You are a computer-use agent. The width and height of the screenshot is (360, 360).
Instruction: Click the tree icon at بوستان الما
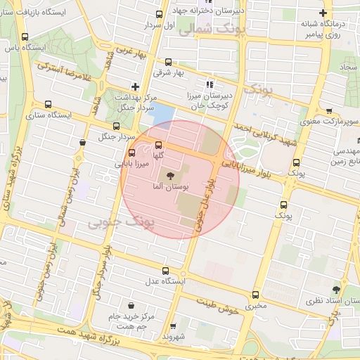(168, 175)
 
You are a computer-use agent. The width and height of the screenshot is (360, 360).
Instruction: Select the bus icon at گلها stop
(157, 144)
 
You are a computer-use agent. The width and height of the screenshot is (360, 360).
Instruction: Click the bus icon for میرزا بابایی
(132, 153)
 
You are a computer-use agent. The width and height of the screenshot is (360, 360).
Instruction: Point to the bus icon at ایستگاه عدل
(166, 271)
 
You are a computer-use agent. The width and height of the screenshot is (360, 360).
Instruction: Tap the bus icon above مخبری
(254, 295)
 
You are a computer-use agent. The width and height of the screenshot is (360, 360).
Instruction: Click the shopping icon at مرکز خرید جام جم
(131, 304)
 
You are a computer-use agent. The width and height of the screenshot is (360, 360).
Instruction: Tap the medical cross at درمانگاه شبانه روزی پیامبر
(323, 13)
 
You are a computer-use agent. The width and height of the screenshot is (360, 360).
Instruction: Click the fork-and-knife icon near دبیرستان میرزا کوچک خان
(209, 85)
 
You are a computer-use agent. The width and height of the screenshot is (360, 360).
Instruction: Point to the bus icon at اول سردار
(160, 13)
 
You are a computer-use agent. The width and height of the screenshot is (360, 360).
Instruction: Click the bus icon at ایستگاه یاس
(25, 37)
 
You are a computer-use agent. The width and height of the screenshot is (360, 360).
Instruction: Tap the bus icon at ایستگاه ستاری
(47, 104)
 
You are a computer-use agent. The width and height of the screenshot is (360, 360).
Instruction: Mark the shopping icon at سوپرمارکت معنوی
(329, 111)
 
